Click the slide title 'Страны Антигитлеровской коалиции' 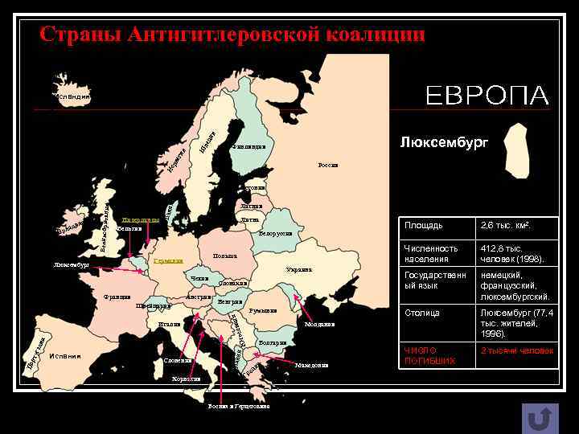(232, 35)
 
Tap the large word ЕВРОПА (487, 96)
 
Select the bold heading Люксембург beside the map (444, 142)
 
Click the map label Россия (328, 166)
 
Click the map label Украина (298, 269)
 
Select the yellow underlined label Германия (168, 261)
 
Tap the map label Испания (64, 357)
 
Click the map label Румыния (263, 310)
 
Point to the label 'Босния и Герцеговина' (238, 407)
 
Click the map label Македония (311, 366)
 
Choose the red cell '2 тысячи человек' (515, 351)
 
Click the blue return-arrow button (540, 418)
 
